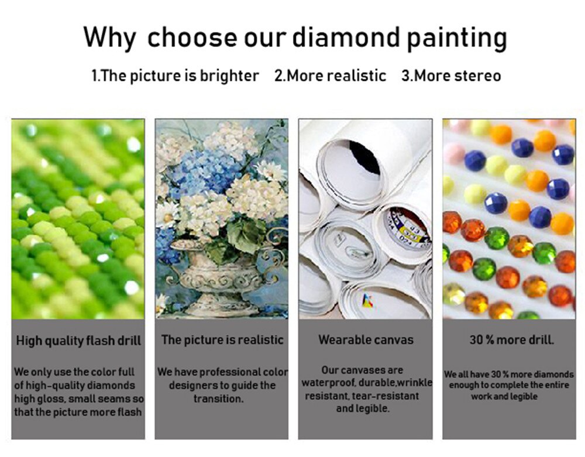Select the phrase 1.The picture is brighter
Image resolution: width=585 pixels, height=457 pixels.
coord(175,75)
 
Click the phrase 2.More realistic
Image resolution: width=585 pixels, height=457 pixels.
coord(331,75)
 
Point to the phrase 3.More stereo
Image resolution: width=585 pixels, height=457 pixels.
coord(451,75)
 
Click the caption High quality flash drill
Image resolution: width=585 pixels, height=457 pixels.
coord(78,341)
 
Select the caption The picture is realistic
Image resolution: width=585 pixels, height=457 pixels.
coord(222,340)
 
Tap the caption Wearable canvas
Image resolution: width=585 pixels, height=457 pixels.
coord(366,339)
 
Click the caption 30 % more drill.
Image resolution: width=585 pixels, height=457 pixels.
coord(512,339)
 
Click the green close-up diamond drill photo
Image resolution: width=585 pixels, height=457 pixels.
coord(78,219)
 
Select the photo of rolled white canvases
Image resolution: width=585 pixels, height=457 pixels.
coord(365,219)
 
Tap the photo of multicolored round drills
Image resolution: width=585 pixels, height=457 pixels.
coord(509,219)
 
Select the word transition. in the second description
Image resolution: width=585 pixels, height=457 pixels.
coord(218,398)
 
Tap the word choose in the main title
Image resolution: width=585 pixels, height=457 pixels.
coord(187,38)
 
